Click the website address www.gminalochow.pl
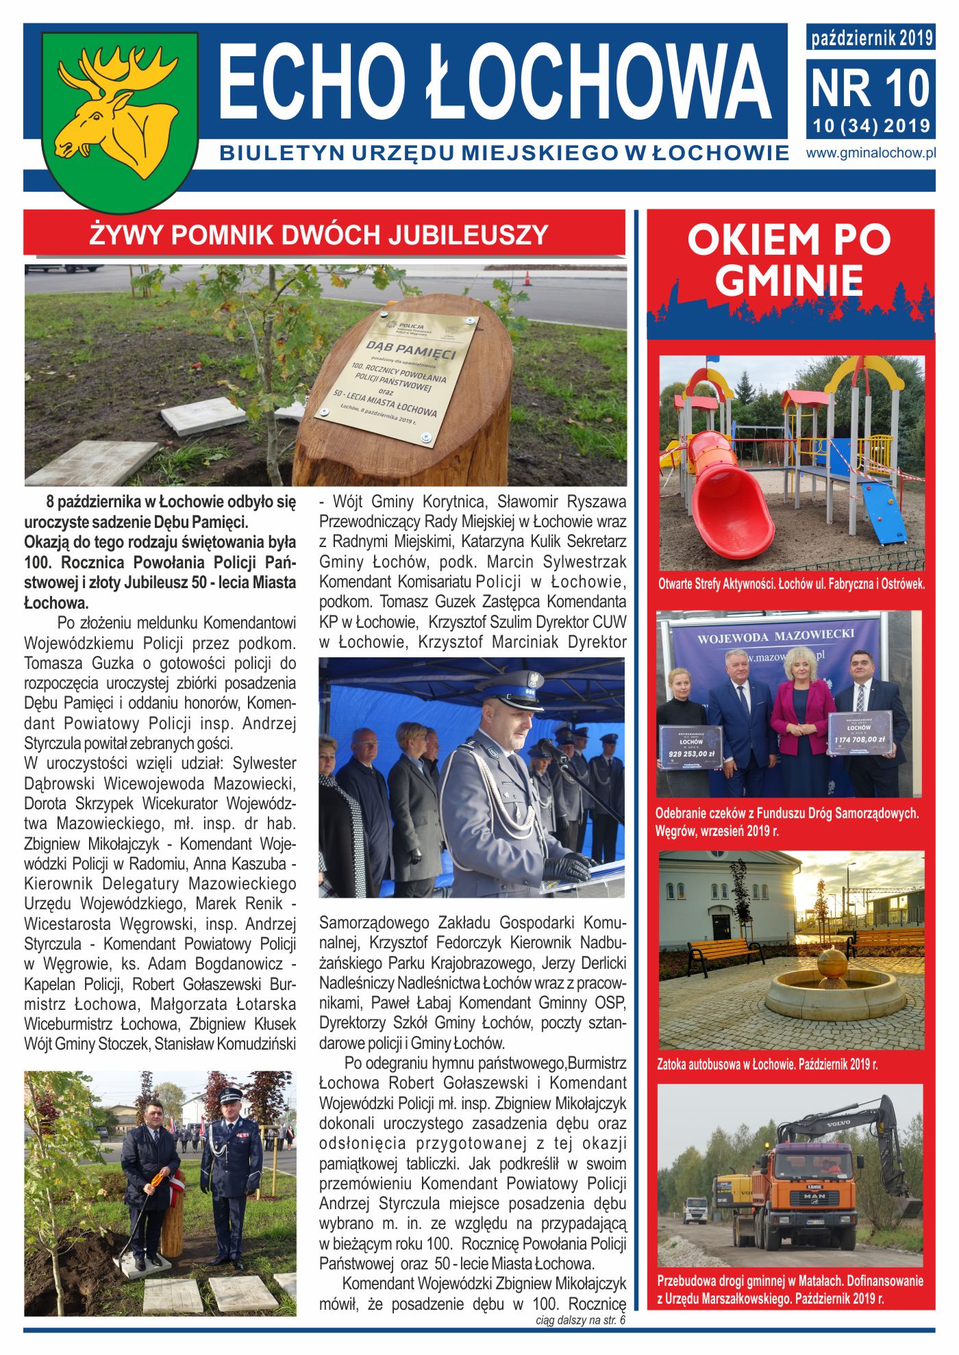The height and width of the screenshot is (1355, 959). (870, 153)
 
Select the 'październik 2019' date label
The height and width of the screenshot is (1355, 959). (871, 38)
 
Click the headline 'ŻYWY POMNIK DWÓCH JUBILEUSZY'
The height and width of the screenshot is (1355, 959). (319, 235)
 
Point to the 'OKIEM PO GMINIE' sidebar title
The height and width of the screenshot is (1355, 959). (789, 260)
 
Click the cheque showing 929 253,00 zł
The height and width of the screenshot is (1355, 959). (691, 748)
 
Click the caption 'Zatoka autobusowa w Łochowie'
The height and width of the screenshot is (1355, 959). (767, 1064)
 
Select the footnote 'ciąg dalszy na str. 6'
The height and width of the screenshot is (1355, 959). (580, 1320)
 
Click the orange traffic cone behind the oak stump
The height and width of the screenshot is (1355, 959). (527, 278)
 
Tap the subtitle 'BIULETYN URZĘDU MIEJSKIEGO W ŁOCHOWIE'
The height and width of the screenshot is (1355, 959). (504, 153)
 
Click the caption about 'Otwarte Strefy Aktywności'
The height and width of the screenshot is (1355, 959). (791, 585)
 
